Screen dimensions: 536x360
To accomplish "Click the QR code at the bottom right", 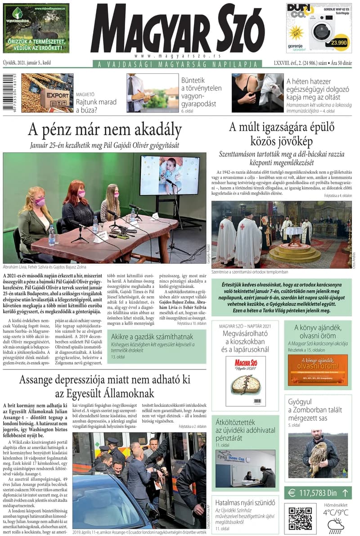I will point(300,518).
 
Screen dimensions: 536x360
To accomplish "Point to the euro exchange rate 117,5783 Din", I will point(318,493).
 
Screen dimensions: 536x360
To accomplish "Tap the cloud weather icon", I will point(336,525).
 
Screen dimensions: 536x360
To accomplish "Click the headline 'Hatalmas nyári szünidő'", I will point(245,502).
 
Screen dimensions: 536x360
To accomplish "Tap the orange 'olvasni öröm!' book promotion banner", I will point(318,370).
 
